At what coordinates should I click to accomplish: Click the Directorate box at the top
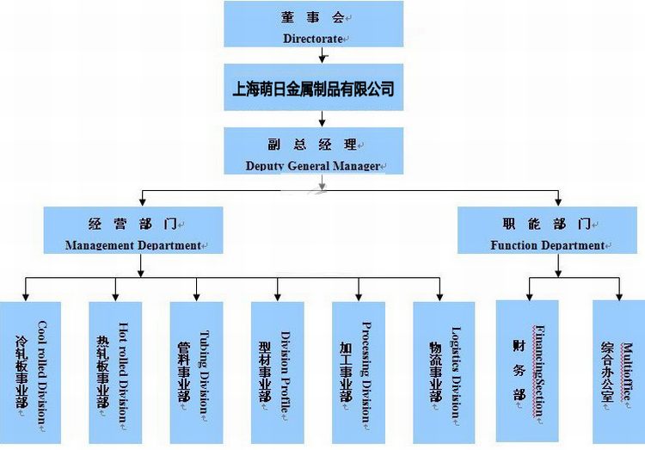point(313,24)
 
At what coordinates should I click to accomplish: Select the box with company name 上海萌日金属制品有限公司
point(313,88)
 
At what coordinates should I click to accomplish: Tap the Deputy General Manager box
point(313,151)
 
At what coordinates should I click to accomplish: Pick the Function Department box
point(547,230)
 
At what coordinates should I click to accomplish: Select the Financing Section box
point(526,370)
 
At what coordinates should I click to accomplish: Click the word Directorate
point(313,39)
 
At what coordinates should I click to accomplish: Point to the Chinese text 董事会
point(313,16)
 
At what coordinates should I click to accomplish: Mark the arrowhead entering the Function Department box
point(558,202)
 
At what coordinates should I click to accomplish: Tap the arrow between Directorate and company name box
point(322,56)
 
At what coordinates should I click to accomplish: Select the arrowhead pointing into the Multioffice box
point(617,295)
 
